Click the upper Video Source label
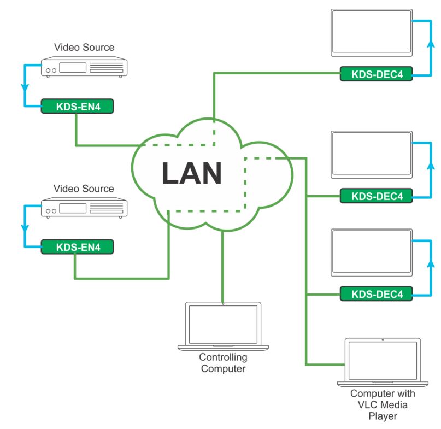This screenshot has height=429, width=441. coord(84,48)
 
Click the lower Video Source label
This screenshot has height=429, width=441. coord(84,189)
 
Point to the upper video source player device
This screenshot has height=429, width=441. coord(84,68)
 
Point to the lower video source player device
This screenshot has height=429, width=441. coord(84,209)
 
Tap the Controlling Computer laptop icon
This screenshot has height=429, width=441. coord(223,326)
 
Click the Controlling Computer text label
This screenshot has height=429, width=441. coord(223,363)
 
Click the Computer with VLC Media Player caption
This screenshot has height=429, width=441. coord(383,405)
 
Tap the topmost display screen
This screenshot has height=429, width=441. coord(372,33)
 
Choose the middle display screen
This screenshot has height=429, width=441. coord(372,155)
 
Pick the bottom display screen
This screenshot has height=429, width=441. coord(372,253)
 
